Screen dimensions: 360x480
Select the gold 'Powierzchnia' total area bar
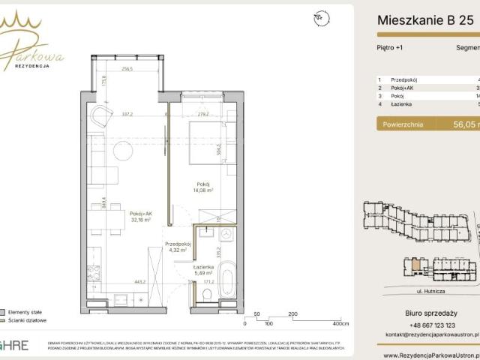(427, 125)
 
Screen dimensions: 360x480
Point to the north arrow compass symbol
(320, 16)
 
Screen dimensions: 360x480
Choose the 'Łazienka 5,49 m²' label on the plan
(203, 270)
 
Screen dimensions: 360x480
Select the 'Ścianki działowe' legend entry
(26, 319)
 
